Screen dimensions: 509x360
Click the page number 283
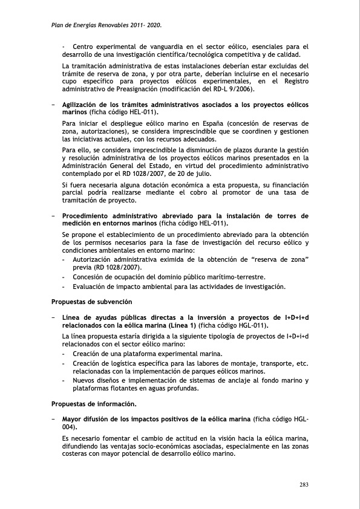(x=305, y=484)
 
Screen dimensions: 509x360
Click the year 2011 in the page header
(x=140, y=26)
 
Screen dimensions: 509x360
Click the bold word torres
(x=284, y=215)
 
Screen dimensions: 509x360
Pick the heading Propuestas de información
(x=94, y=403)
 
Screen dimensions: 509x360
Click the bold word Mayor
(x=75, y=418)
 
